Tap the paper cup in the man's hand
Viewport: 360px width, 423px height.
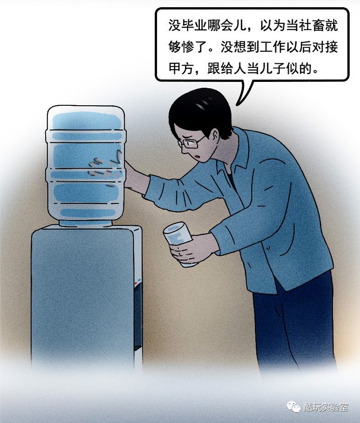point(179,243)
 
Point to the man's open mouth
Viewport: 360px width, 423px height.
point(198,157)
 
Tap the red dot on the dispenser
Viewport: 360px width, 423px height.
point(135,283)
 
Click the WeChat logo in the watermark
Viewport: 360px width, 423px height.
point(293,406)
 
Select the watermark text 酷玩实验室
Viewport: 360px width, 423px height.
point(326,407)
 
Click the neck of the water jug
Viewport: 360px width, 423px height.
point(85,223)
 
